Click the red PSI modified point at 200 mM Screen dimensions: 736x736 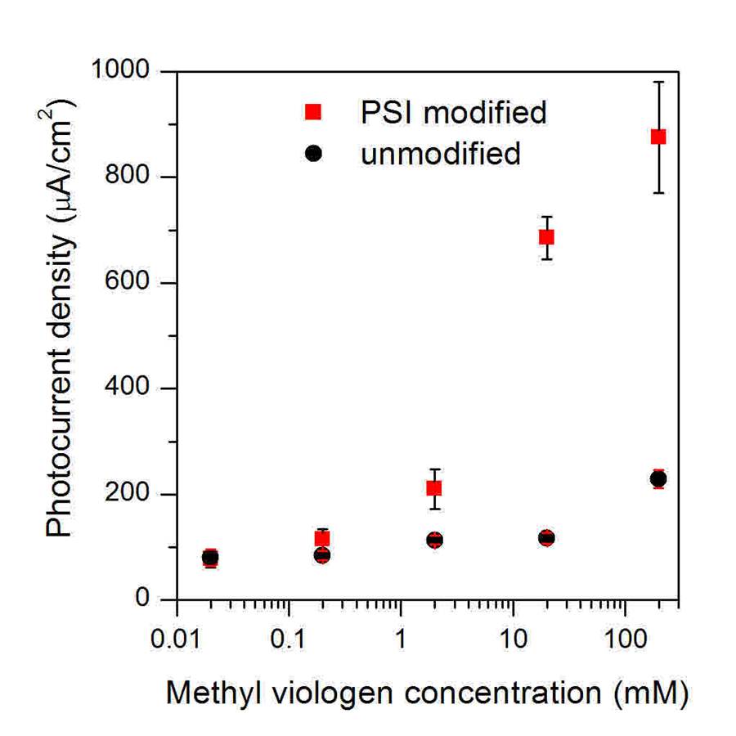[x=658, y=137]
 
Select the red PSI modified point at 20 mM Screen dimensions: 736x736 [x=546, y=237]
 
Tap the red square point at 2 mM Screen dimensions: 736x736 [x=434, y=488]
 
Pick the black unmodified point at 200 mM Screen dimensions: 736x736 [x=658, y=478]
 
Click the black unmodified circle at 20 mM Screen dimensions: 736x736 [x=546, y=537]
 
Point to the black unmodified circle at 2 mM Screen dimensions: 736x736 [x=434, y=540]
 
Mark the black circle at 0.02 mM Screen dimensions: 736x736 [x=210, y=558]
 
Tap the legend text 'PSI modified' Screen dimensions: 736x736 [x=454, y=112]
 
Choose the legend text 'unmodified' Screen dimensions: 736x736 [x=440, y=153]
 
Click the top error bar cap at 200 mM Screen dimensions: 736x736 [x=658, y=82]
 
